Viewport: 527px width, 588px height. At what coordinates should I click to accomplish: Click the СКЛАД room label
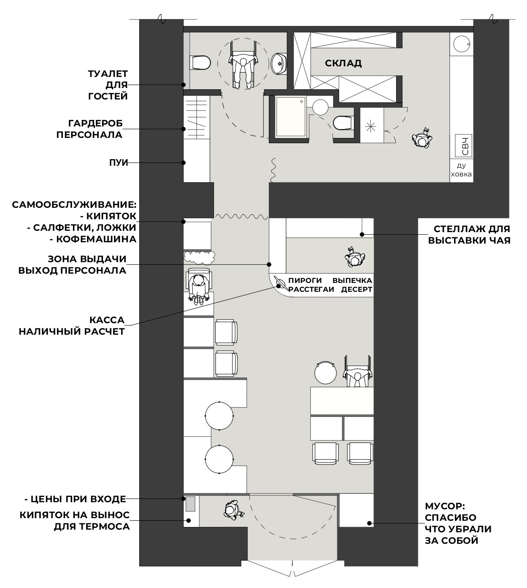[343, 63]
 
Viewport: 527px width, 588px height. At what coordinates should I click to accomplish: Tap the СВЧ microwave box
[463, 145]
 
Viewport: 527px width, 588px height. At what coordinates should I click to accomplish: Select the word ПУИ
[118, 163]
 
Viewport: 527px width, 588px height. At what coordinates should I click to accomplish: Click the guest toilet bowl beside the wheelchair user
[200, 63]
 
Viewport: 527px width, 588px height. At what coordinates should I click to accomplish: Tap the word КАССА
[107, 320]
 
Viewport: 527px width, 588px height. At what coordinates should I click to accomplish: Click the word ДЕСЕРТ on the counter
[356, 289]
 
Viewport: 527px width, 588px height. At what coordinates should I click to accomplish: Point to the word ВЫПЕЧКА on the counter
[352, 280]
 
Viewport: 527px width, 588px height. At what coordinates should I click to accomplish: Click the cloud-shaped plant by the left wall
[199, 258]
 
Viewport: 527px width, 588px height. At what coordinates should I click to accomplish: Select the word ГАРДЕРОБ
[95, 123]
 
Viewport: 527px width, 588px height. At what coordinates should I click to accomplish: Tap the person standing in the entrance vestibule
[233, 510]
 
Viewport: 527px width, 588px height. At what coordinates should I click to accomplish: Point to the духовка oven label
[461, 170]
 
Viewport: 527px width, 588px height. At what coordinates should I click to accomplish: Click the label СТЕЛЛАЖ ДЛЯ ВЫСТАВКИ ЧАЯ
[469, 234]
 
